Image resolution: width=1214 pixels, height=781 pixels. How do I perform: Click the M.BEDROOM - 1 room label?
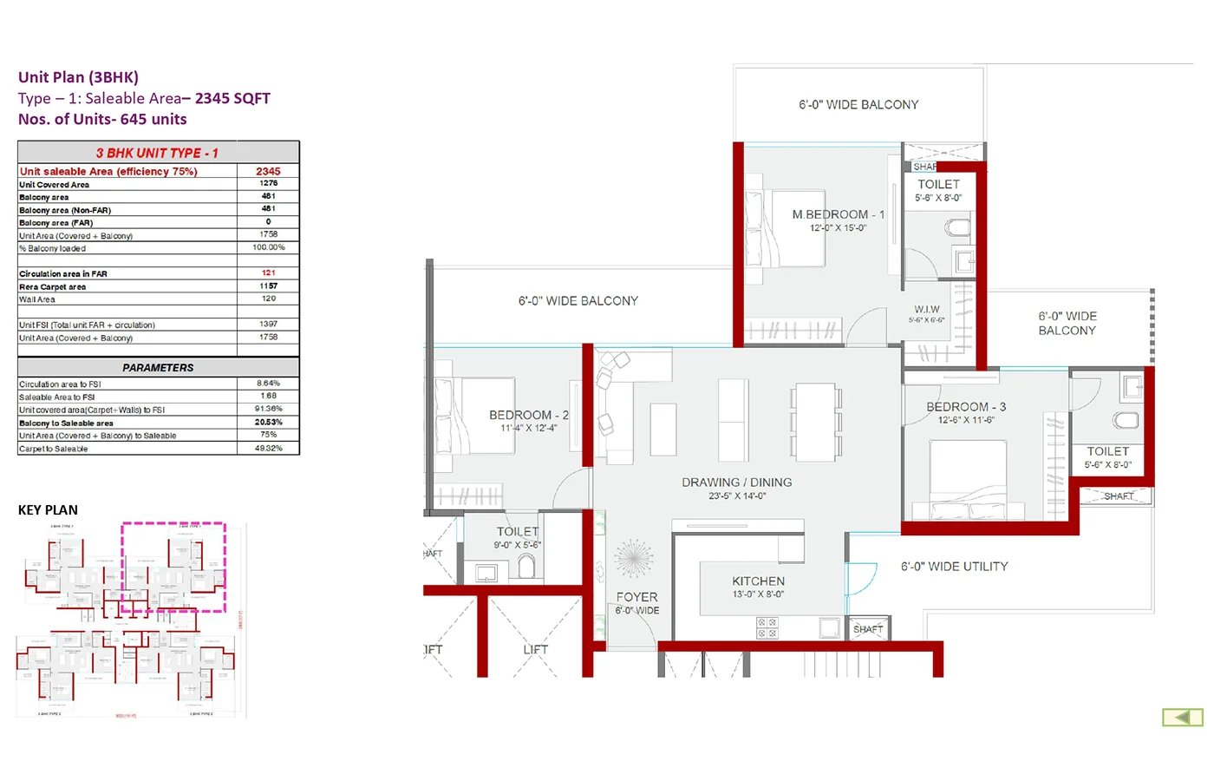tap(838, 214)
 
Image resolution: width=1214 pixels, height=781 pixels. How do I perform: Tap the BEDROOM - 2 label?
tap(528, 415)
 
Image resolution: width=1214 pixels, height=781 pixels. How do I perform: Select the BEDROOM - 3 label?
tap(965, 406)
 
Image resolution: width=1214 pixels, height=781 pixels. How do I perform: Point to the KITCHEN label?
tap(758, 581)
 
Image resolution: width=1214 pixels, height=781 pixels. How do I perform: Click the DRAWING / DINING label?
tap(736, 482)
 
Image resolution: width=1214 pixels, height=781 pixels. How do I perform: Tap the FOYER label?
tap(636, 597)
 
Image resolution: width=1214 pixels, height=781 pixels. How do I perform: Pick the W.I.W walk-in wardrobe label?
tap(926, 309)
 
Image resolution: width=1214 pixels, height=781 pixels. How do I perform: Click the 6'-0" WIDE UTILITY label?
tap(954, 567)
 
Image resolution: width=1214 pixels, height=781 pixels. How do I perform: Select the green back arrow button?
tap(1182, 717)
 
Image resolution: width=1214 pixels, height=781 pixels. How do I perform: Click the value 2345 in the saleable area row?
tap(268, 171)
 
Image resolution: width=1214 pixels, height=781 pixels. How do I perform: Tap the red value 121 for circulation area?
tap(268, 272)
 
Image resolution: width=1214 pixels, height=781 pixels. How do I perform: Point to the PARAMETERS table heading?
tap(158, 367)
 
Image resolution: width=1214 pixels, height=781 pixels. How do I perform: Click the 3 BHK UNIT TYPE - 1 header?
tap(157, 153)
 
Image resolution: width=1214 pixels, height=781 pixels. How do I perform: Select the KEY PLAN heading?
tap(48, 510)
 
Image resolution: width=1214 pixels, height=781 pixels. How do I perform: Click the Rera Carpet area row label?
tap(53, 286)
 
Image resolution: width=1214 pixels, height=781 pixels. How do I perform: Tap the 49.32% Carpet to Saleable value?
tap(268, 449)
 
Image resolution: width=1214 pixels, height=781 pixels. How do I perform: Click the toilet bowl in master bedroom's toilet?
tap(957, 228)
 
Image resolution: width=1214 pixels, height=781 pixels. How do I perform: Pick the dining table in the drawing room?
tap(815, 423)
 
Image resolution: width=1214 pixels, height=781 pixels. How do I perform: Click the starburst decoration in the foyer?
tap(634, 558)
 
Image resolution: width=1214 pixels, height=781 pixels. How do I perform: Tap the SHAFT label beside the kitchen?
tap(867, 629)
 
